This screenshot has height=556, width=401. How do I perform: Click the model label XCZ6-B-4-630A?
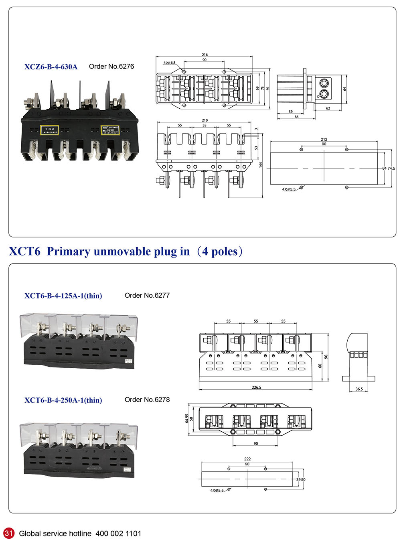pyautogui.click(x=51, y=67)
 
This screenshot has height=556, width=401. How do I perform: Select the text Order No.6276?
pyautogui.click(x=111, y=67)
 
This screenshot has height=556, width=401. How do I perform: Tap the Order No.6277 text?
pyautogui.click(x=147, y=296)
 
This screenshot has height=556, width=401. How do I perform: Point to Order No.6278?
pyautogui.click(x=147, y=400)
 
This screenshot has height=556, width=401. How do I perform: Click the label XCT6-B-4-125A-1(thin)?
pyautogui.click(x=63, y=296)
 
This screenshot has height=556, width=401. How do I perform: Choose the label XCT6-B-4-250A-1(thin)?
pyautogui.click(x=63, y=400)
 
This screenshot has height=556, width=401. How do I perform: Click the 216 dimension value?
pyautogui.click(x=205, y=55)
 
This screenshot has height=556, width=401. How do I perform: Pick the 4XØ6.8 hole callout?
pyautogui.click(x=169, y=63)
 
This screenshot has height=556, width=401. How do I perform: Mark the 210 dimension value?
pyautogui.click(x=205, y=120)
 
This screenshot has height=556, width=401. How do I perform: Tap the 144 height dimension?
pyautogui.click(x=261, y=165)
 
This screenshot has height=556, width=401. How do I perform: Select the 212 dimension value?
pyautogui.click(x=324, y=140)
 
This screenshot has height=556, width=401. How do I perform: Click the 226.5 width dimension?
pyautogui.click(x=256, y=388)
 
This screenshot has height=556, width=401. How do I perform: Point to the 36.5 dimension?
pyautogui.click(x=359, y=389)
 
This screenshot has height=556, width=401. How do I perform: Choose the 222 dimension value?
pyautogui.click(x=247, y=459)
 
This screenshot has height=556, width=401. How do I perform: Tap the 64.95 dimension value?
pyautogui.click(x=187, y=418)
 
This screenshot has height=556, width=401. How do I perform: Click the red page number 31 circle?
pyautogui.click(x=9, y=534)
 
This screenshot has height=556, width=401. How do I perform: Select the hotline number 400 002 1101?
pyautogui.click(x=118, y=534)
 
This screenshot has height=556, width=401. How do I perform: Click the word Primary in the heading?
pyautogui.click(x=68, y=252)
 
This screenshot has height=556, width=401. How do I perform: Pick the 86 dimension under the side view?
pyautogui.click(x=296, y=117)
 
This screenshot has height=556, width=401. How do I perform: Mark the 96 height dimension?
pyautogui.click(x=326, y=357)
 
